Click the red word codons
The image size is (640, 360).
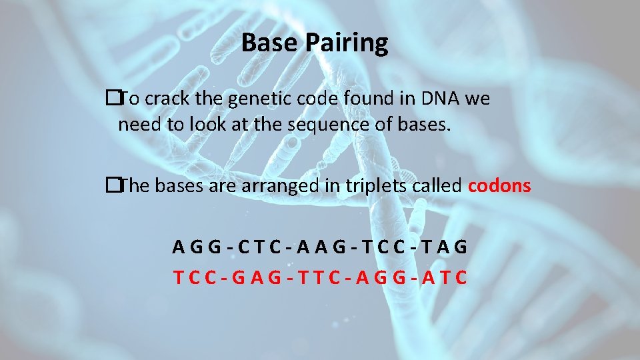[x=499, y=186]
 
